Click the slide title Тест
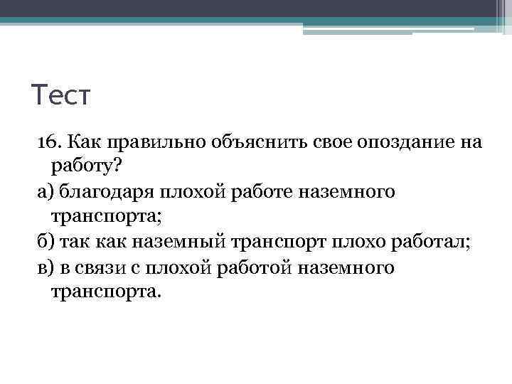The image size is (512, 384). click(x=61, y=95)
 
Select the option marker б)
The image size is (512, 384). click(x=45, y=242)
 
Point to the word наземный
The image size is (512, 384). click(x=178, y=242)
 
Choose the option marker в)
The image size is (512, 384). click(x=45, y=268)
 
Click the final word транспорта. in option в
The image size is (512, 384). click(x=107, y=293)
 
